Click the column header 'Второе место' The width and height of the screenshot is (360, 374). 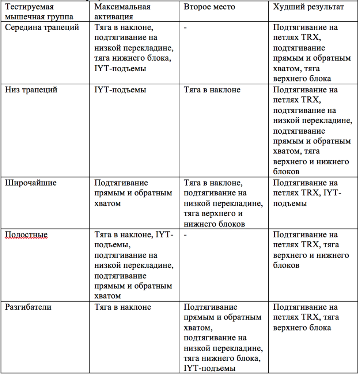(209, 7)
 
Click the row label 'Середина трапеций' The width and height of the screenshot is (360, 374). (42, 27)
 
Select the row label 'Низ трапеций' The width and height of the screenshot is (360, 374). (31, 90)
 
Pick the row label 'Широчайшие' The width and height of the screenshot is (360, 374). (31, 183)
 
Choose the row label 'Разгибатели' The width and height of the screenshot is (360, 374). (29, 307)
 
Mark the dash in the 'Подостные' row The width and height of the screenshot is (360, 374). (186, 235)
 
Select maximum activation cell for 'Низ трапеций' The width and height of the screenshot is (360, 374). (120, 90)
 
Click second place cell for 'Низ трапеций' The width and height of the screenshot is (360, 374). (212, 90)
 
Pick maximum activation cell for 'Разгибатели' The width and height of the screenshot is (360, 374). (123, 307)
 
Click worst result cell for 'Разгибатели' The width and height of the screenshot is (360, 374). (306, 317)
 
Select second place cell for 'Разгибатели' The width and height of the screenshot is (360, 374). (223, 338)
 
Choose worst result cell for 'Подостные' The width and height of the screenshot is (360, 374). (311, 250)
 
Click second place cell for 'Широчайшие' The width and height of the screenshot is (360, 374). (223, 203)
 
